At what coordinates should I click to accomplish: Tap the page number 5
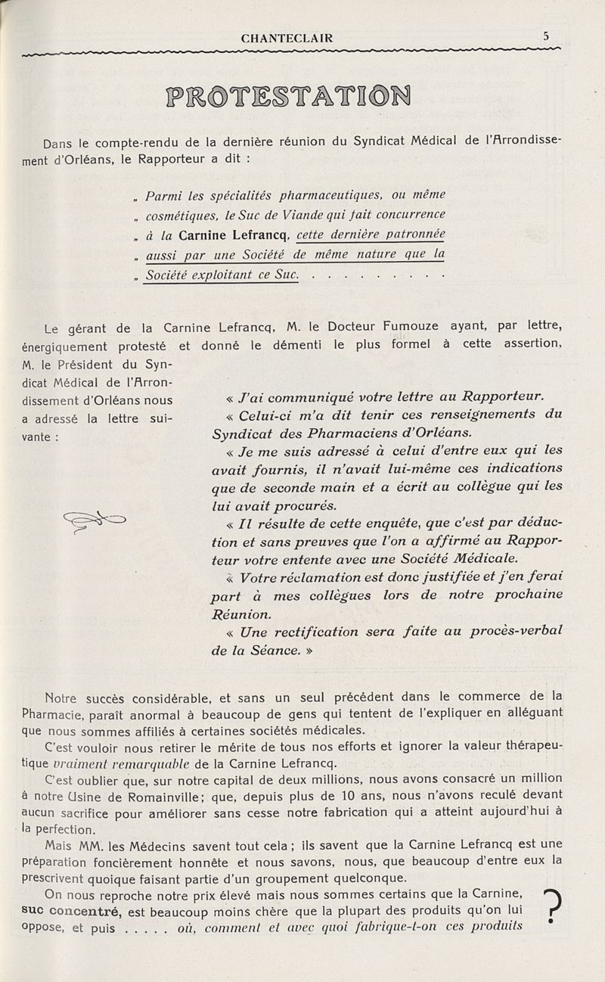click(x=546, y=35)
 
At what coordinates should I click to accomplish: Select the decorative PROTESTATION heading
click(x=287, y=97)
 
